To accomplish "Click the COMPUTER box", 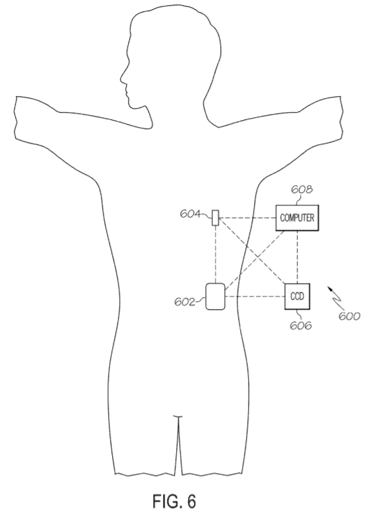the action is pos(297,217).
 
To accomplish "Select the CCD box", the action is pos(298,297).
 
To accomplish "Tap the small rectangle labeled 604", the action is pos(215,217).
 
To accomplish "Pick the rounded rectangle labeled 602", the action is pos(215,297).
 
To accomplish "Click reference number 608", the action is pos(302,190).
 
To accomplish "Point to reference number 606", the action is pos(301,326).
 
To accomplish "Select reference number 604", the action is pos(190,214).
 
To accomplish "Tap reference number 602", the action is pos(185,302).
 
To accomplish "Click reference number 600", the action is pos(349,316).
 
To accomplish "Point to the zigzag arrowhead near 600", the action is pos(329,289).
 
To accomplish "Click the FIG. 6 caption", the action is pos(174,501).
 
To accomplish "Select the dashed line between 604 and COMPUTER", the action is pos(247,217).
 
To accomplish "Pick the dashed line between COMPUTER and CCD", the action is pos(298,257).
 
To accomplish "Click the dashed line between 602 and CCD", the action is pos(255,297).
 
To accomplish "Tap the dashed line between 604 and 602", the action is pos(215,255).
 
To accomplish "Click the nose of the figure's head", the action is pos(121,78).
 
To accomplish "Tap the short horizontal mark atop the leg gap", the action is pos(177,416).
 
